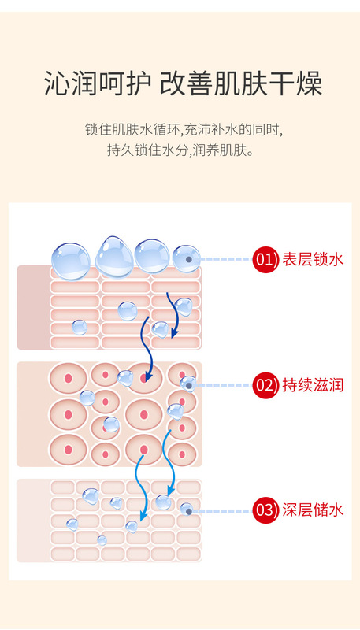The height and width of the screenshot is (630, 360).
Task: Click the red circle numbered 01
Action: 265,260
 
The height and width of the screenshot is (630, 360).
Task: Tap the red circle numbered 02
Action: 265,385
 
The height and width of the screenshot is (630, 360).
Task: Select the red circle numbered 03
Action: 265,510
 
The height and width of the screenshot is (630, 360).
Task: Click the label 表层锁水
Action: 313,260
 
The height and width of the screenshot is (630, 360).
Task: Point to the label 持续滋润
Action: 313,385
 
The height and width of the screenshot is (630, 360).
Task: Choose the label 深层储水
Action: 313,510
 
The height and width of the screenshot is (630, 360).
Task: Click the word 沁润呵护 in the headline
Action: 98,83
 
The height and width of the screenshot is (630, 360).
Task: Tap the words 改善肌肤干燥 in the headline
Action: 241,83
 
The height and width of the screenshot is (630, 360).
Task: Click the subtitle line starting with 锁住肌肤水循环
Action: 181,130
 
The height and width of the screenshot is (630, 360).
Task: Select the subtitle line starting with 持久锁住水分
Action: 181,150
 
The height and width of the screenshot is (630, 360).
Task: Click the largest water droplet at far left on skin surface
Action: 71,261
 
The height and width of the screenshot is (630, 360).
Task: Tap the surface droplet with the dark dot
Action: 187,259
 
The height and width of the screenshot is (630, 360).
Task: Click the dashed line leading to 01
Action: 226,260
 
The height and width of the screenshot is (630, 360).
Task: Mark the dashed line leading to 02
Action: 225,385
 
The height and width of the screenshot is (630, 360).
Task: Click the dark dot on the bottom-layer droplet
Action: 188,511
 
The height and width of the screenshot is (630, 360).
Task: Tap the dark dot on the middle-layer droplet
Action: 188,385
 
